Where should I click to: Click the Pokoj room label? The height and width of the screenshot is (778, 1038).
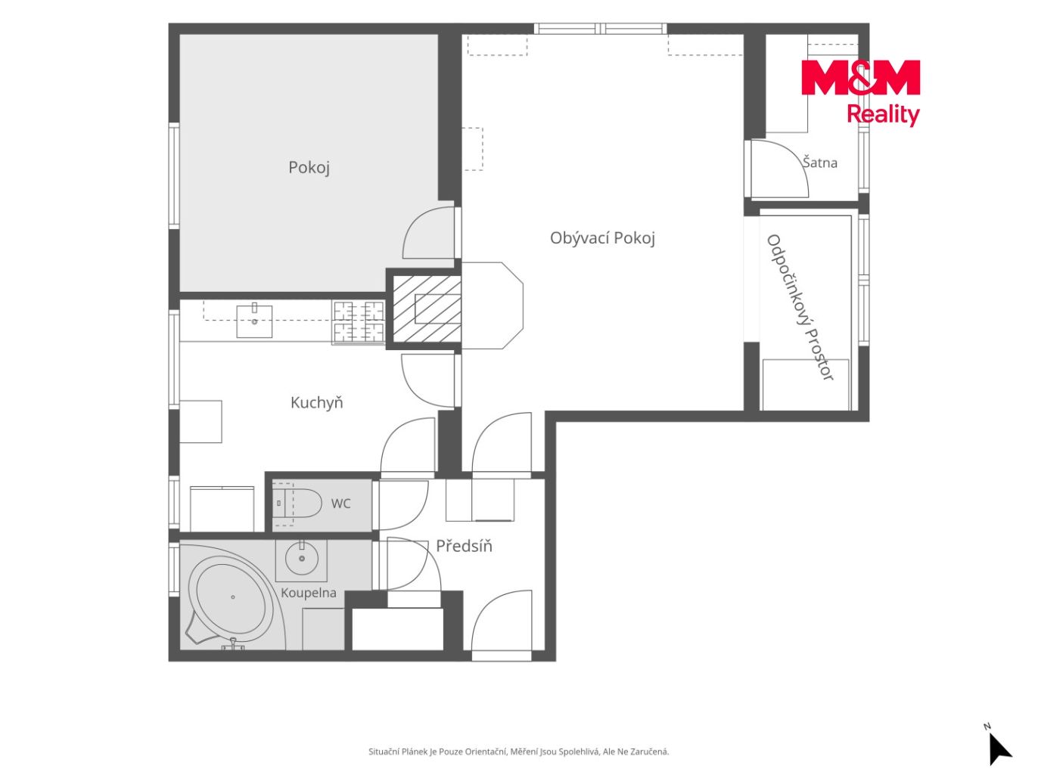[x=309, y=167]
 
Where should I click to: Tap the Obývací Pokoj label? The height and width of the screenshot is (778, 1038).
[x=602, y=237]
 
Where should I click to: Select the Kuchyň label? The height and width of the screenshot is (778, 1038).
[x=316, y=402]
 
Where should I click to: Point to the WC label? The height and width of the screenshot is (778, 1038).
[x=340, y=503]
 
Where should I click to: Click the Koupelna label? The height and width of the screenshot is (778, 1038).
[x=309, y=592]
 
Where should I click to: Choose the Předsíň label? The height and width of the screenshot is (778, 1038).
[x=464, y=546]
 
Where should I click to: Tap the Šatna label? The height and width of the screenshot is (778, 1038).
[x=819, y=163]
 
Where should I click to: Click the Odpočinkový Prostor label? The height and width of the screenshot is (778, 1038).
[x=800, y=308]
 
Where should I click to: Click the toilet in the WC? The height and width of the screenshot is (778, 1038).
[x=298, y=503]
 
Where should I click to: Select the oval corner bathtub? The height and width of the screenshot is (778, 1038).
[x=232, y=597]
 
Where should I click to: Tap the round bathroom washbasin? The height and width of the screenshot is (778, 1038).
[x=301, y=558]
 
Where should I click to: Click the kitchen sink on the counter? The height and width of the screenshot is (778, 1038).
[x=254, y=321]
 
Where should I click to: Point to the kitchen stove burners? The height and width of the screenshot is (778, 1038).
[x=359, y=322]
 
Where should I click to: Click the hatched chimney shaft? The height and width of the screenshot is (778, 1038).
[x=426, y=309]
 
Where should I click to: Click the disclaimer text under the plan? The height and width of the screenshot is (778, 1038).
[x=519, y=752]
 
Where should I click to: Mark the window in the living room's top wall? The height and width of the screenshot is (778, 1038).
[x=600, y=28]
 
